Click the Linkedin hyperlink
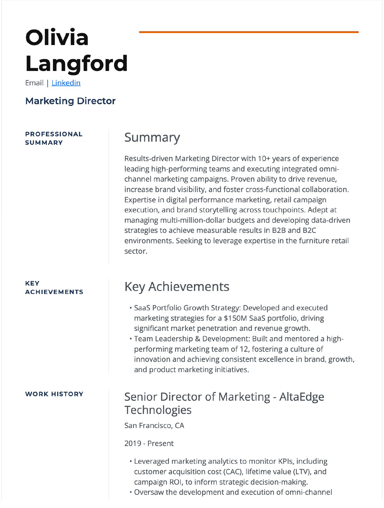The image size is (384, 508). (66, 83)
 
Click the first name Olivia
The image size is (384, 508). (57, 37)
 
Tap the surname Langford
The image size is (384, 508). (76, 63)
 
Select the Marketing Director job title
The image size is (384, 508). (70, 101)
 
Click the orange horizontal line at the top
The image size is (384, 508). (249, 32)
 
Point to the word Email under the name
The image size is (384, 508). (34, 83)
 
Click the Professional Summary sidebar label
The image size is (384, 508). (54, 138)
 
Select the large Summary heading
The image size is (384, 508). (152, 138)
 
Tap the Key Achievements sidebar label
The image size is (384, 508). (54, 288)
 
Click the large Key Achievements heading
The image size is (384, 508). (177, 287)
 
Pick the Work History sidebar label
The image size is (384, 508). (54, 394)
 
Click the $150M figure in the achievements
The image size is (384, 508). (235, 318)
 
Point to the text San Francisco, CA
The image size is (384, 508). (154, 425)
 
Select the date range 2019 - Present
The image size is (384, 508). (149, 444)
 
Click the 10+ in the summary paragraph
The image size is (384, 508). (264, 159)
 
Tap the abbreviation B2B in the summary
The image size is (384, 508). (279, 231)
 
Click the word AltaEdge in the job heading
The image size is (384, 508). (302, 397)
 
